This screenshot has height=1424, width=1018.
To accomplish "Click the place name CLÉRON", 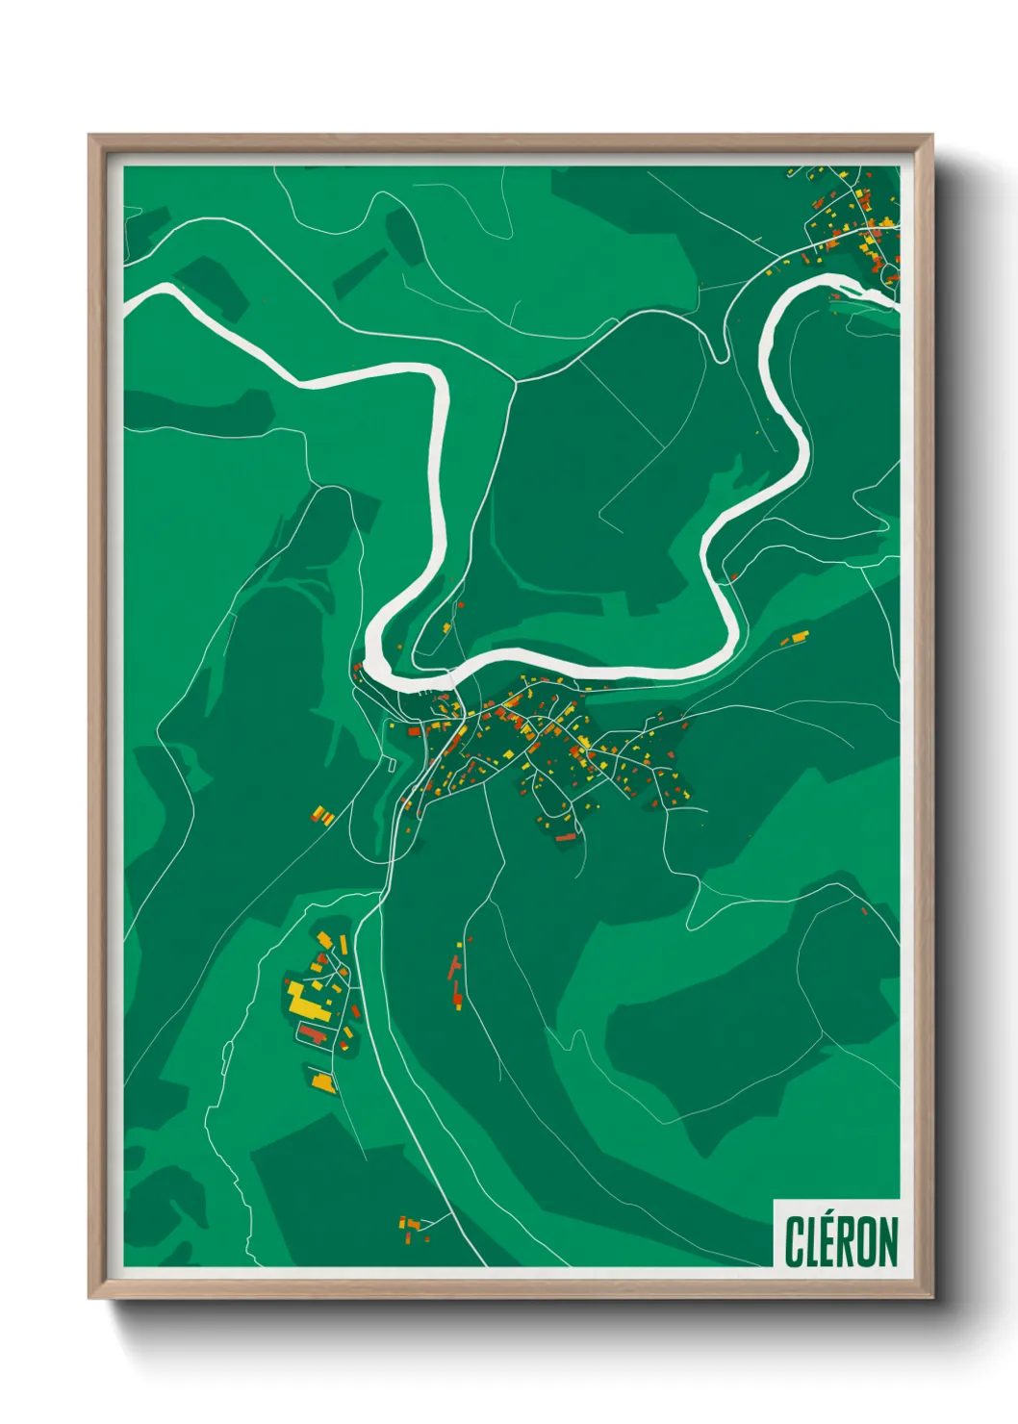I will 841,1241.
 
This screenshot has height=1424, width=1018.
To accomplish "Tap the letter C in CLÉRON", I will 795,1242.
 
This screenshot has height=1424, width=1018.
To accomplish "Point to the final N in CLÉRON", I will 886,1242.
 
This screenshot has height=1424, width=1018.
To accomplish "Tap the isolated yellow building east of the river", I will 799,637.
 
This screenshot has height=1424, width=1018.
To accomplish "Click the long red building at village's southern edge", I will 565,838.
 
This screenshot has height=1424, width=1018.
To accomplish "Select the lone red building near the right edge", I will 864,910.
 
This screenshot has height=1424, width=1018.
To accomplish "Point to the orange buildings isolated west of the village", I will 322,816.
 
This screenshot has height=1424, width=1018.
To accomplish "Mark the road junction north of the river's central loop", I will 516,382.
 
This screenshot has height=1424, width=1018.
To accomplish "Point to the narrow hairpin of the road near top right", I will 720,357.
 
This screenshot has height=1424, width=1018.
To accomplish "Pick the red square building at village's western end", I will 415,731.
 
